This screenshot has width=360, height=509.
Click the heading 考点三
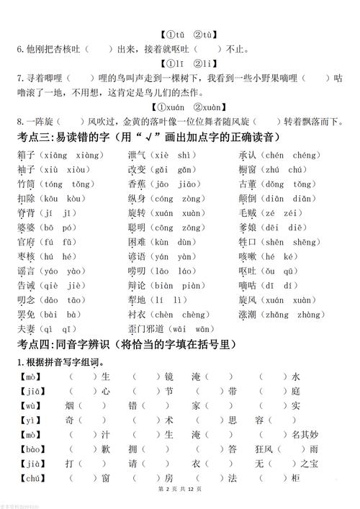[x=37, y=137]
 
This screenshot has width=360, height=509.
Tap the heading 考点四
[x=37, y=344]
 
